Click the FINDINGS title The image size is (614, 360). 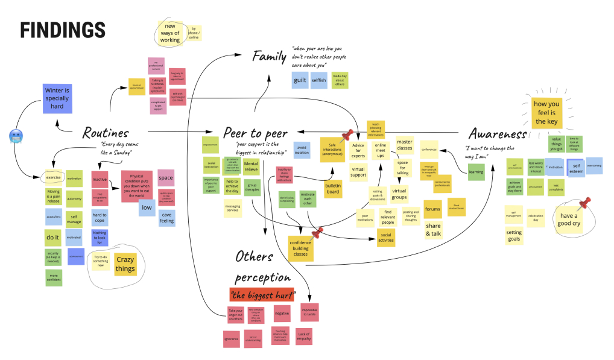63,30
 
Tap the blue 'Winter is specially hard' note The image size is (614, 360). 58,98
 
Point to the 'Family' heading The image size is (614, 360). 269,56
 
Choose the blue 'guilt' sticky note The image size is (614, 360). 300,80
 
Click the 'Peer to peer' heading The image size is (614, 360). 255,133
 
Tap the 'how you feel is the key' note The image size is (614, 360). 546,113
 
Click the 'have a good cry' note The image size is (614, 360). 569,219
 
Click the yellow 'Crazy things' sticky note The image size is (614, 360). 125,264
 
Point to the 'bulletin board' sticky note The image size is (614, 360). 333,188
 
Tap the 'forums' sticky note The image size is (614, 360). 432,209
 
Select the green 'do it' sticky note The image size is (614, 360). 53,237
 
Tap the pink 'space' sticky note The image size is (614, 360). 166,178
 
